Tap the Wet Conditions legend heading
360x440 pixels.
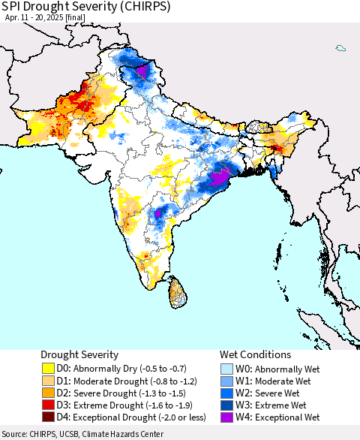pos(255,354)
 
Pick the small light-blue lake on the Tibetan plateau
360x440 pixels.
pos(340,49)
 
